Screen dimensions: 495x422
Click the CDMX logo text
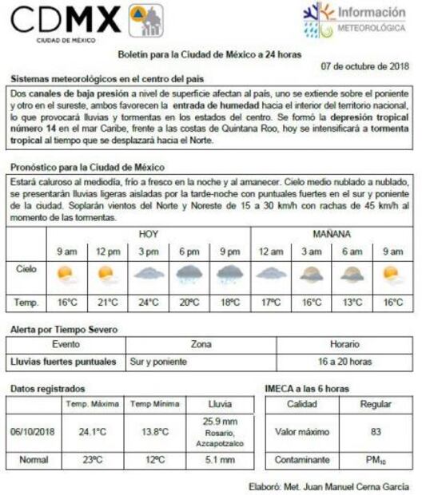[66, 18]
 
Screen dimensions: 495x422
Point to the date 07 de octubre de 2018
[366, 66]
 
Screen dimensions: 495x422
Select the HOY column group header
[148, 234]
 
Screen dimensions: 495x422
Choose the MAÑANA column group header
[332, 234]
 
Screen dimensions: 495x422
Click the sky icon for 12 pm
[107, 275]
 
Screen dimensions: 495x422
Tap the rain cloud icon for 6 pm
[189, 275]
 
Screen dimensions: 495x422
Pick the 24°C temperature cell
[148, 303]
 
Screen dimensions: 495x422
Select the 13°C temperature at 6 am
[352, 303]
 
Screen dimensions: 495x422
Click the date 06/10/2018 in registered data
[33, 432]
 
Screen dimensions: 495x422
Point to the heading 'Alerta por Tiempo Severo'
[64, 329]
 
